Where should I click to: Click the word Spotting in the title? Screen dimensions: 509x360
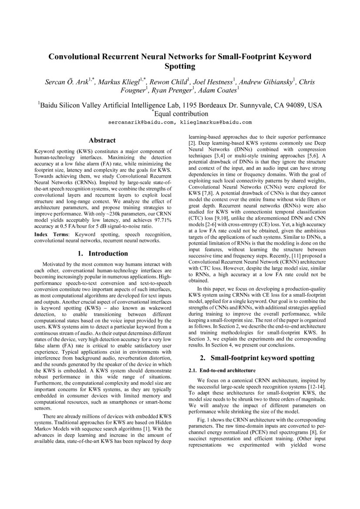click(180, 67)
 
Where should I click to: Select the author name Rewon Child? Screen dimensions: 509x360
click(170, 81)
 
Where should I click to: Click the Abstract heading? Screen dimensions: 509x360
click(102, 140)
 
